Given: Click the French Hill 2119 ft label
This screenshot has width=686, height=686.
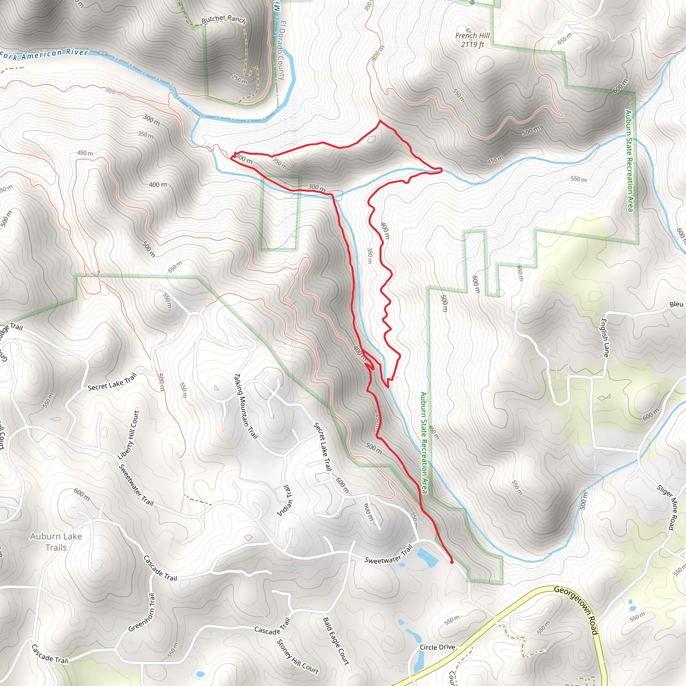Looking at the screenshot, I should (472, 40).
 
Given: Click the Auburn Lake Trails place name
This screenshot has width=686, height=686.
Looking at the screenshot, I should (56, 542).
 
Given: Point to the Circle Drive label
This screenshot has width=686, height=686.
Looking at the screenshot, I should (437, 647).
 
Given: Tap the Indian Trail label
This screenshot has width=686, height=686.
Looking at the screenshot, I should (285, 500).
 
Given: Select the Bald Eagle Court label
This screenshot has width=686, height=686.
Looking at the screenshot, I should (336, 641).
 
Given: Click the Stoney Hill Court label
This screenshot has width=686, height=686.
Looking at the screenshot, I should (297, 657).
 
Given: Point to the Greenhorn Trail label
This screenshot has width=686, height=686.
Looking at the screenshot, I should (142, 613).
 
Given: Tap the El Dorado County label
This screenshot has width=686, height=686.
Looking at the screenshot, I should (283, 50).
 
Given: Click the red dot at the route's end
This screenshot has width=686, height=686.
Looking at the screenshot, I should (452, 562).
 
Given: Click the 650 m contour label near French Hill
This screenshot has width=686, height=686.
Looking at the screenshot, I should (564, 38).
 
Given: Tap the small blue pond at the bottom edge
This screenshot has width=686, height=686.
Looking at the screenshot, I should (200, 674).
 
